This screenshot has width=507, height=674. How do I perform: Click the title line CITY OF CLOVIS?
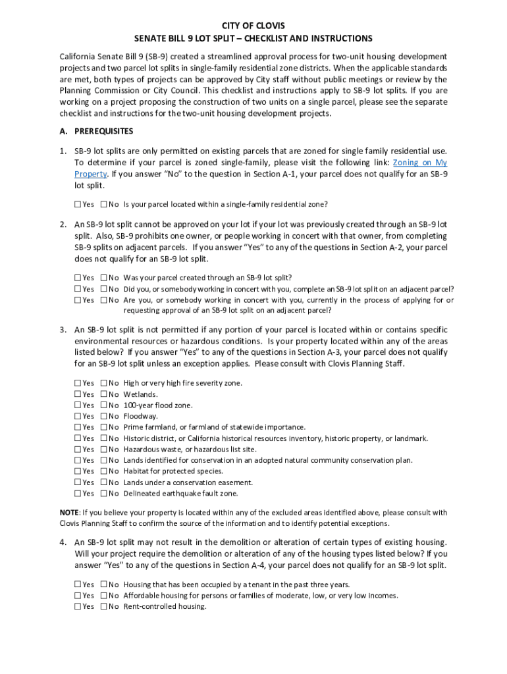point(254,26)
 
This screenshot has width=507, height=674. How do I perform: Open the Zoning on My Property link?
point(419,163)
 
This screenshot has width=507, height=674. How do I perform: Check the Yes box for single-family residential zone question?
point(78,204)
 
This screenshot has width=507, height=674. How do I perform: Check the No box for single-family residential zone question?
point(103,204)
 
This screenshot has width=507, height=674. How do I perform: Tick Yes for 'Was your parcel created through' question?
point(78,278)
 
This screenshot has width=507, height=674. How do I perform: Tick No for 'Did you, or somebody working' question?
point(103,289)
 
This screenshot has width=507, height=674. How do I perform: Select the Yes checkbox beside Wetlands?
point(78,394)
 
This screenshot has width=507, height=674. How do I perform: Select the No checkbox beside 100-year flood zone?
point(103,405)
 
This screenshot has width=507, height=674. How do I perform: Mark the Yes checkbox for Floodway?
point(78,417)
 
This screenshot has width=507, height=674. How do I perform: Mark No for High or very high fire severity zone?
point(103,383)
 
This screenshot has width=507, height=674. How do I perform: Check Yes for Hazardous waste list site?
point(78,450)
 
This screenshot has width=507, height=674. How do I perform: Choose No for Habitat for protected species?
point(103,471)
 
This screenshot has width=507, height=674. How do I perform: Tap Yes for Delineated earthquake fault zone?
point(78,494)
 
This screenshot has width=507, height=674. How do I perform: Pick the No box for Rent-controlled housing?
point(103,607)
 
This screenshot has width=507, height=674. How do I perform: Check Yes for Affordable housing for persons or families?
point(78,596)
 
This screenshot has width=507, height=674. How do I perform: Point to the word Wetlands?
point(140,394)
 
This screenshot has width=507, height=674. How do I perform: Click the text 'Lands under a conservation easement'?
point(188,482)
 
